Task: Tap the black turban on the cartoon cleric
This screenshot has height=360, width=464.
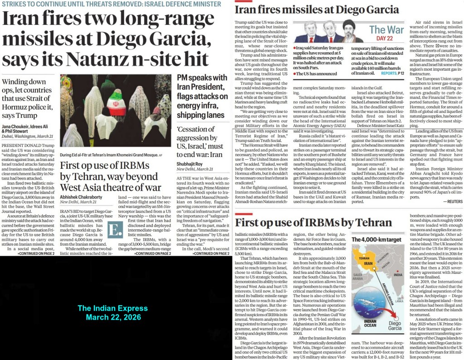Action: click(348, 24)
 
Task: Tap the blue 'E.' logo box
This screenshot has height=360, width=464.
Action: click(115, 229)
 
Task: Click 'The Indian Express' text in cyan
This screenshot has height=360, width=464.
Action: click(112, 308)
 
